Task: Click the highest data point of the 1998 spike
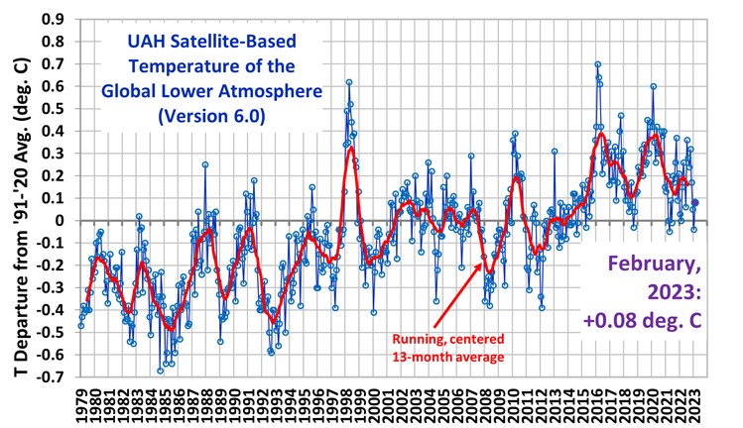click(349, 82)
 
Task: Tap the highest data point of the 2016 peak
click(597, 64)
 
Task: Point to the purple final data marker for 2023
click(694, 203)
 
